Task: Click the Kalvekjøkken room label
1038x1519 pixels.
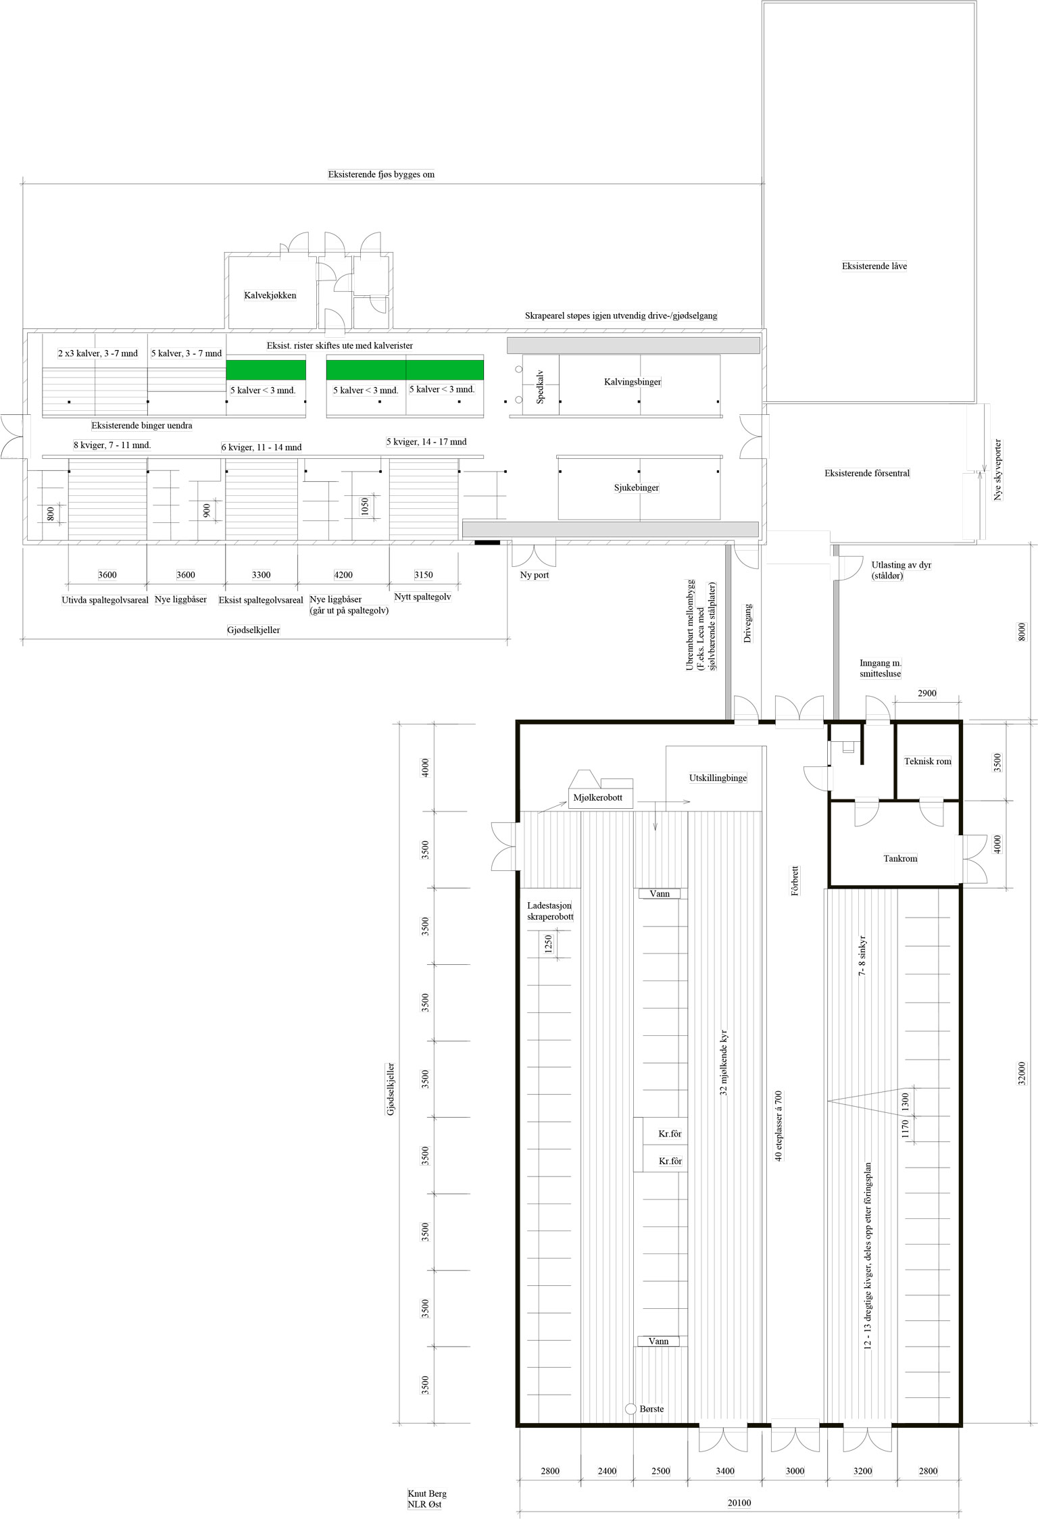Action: pos(270,295)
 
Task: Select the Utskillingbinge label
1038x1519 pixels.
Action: pos(718,778)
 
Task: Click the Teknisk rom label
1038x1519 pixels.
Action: pos(927,762)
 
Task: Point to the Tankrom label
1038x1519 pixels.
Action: pos(900,859)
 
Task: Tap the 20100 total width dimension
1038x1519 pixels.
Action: pos(739,1503)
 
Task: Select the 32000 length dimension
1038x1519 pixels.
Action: pos(1022,1073)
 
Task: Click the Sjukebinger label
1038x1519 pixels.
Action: pos(637,487)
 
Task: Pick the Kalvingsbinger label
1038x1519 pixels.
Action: pos(633,382)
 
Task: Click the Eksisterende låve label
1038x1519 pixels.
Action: pos(874,266)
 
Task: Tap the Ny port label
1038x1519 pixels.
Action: pos(533,575)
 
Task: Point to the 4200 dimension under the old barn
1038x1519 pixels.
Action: pos(343,575)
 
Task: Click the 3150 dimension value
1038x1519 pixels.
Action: pos(424,575)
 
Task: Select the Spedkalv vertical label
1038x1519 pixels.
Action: pos(540,389)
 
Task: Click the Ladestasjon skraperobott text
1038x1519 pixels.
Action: pos(550,911)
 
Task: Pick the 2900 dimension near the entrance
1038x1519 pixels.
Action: pos(927,693)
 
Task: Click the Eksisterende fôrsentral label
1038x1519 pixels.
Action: pos(867,473)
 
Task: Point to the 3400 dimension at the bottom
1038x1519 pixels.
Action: pos(725,1470)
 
